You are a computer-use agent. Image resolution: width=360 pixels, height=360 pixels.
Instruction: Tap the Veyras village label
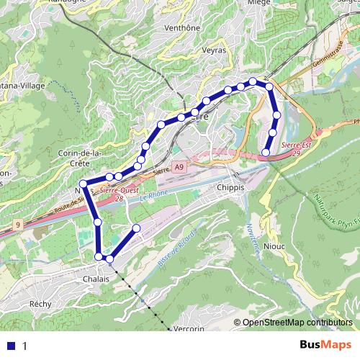pyautogui.click(x=214, y=50)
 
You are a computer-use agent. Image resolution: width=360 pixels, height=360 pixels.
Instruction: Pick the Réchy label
pyautogui.click(x=41, y=304)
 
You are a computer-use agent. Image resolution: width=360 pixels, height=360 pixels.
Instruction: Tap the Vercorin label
pyautogui.click(x=189, y=328)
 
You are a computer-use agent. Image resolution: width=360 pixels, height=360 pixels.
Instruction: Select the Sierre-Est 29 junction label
pyautogui.click(x=297, y=148)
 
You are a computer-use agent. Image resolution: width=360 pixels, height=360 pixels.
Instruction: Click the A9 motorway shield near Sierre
pyautogui.click(x=179, y=167)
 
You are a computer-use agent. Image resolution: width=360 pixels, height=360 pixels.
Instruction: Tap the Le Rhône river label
pyautogui.click(x=153, y=195)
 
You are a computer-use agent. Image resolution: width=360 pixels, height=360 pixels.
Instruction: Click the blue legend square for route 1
pyautogui.click(x=9, y=346)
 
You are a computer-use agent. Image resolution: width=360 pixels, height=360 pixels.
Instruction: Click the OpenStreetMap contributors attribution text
pyautogui.click(x=297, y=323)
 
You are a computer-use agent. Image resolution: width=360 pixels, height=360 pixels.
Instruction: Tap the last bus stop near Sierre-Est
pyautogui.click(x=266, y=152)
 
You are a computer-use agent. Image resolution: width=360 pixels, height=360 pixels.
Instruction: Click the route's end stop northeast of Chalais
pyautogui.click(x=137, y=228)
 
